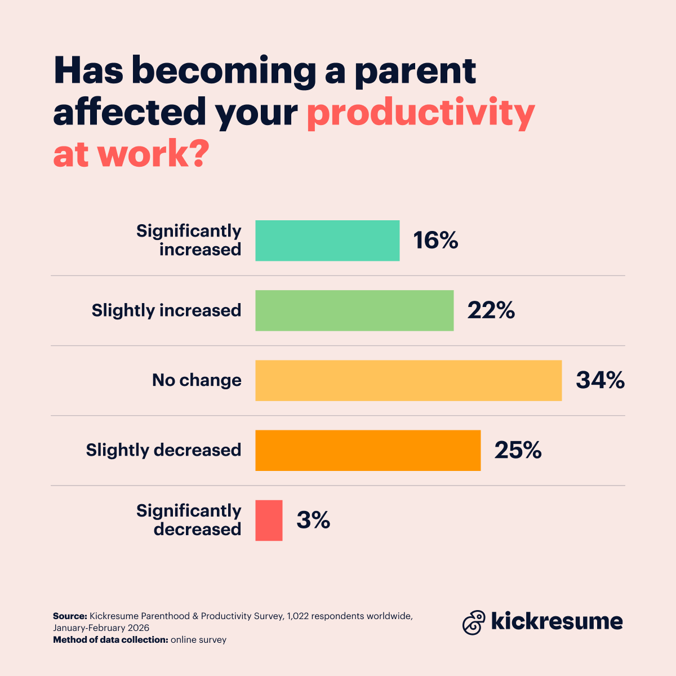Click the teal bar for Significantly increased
coord(327,241)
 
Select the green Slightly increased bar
coord(354,310)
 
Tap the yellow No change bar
coord(408,380)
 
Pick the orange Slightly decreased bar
coord(368,450)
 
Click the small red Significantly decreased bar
coord(269,520)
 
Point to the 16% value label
coord(435,241)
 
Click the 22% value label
coord(491,310)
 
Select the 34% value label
coord(600,380)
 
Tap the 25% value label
coord(518,450)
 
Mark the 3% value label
coord(313,520)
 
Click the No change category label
coord(197,380)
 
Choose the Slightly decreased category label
coord(163,450)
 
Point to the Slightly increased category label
coord(166,310)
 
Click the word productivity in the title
coord(420,113)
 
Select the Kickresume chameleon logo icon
coord(474,622)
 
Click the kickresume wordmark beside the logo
coord(557,621)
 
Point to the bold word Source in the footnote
coord(70,616)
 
